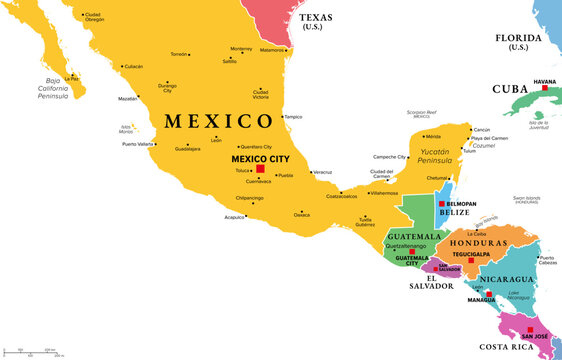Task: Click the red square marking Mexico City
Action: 261,168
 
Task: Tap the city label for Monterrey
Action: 241,49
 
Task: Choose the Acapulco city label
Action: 235,215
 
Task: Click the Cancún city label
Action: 481,129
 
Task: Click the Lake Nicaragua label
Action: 517,295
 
